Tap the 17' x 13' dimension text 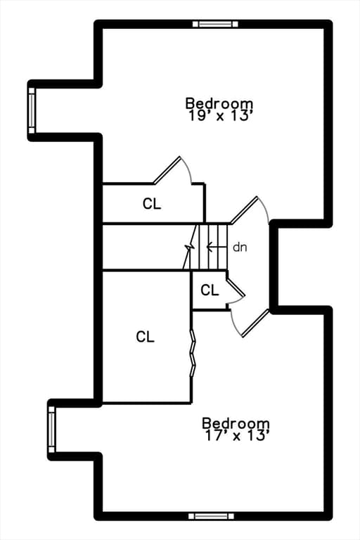(x=237, y=436)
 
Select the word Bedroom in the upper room (x=219, y=103)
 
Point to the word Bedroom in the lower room (x=236, y=423)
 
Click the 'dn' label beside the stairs (x=240, y=247)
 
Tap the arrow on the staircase (x=217, y=247)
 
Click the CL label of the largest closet (x=145, y=337)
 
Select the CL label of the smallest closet (x=210, y=290)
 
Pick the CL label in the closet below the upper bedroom (x=152, y=203)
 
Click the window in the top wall (x=215, y=24)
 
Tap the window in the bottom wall (x=211, y=516)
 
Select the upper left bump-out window (x=32, y=110)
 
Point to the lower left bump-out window (x=51, y=429)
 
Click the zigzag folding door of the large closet (x=193, y=352)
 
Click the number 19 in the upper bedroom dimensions (x=195, y=116)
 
